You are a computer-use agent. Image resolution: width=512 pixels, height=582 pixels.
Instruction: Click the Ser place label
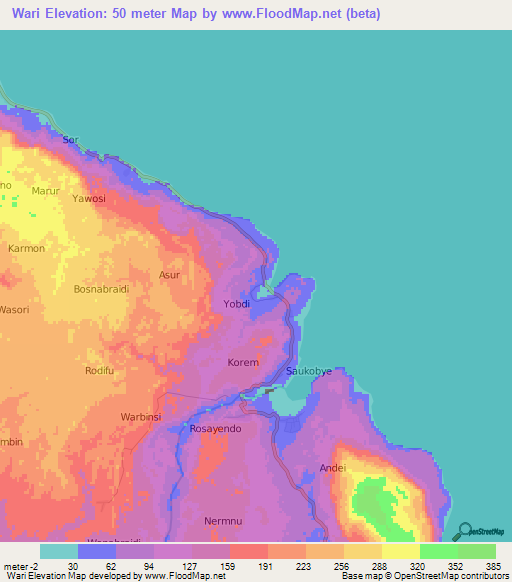pos(70,140)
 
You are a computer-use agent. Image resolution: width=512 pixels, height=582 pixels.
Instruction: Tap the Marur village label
pos(46,190)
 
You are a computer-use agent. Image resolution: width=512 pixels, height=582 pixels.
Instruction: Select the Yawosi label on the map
pos(89,199)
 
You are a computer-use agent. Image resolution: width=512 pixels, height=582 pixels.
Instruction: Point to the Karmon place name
pos(27,248)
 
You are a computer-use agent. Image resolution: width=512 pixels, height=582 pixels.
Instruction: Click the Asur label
pos(169,274)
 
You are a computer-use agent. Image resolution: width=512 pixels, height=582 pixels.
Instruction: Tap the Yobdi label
pos(237,304)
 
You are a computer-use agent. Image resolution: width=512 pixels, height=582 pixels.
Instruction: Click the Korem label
pos(243,363)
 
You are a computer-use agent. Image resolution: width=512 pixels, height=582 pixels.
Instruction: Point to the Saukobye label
pos(309,371)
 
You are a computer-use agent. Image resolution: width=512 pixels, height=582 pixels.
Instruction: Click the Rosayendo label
pos(218,429)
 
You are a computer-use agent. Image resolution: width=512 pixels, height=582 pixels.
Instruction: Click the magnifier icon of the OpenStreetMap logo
pos(464,531)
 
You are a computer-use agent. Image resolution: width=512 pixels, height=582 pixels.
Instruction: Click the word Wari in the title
pos(30,15)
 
